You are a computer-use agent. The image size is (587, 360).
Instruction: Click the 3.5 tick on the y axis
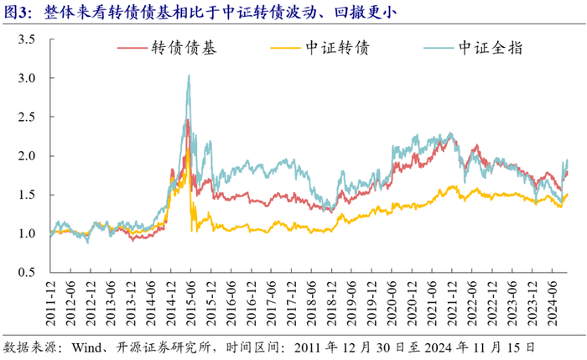click(x=27, y=39)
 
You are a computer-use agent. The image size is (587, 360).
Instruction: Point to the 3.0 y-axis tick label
click(x=27, y=78)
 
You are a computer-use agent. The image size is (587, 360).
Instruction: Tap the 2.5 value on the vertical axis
click(x=27, y=117)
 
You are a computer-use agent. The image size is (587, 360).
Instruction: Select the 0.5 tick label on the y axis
click(x=27, y=273)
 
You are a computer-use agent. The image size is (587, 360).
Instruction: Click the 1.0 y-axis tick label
click(x=27, y=233)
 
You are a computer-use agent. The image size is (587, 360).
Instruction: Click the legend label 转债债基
click(x=184, y=48)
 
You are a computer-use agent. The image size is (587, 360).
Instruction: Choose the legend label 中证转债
click(x=337, y=48)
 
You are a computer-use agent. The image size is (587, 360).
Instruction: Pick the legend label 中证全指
click(x=491, y=48)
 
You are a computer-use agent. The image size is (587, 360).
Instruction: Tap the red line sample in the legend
click(x=132, y=48)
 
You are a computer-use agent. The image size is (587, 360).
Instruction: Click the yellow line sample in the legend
click(x=285, y=48)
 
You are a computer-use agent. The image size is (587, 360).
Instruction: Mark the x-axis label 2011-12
click(x=50, y=303)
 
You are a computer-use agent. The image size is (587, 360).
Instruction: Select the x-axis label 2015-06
click(x=191, y=303)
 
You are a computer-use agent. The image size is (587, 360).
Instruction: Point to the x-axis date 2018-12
click(x=331, y=303)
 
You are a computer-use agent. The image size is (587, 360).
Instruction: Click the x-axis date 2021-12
click(x=451, y=303)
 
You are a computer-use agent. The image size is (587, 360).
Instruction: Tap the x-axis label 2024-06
click(x=552, y=303)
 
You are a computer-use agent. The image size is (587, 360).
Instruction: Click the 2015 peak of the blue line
click(x=189, y=76)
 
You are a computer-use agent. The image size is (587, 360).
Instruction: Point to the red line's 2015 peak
click(x=188, y=120)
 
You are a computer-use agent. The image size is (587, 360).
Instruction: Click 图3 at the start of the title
click(x=14, y=13)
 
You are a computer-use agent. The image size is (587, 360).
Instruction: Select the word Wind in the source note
click(x=86, y=347)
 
